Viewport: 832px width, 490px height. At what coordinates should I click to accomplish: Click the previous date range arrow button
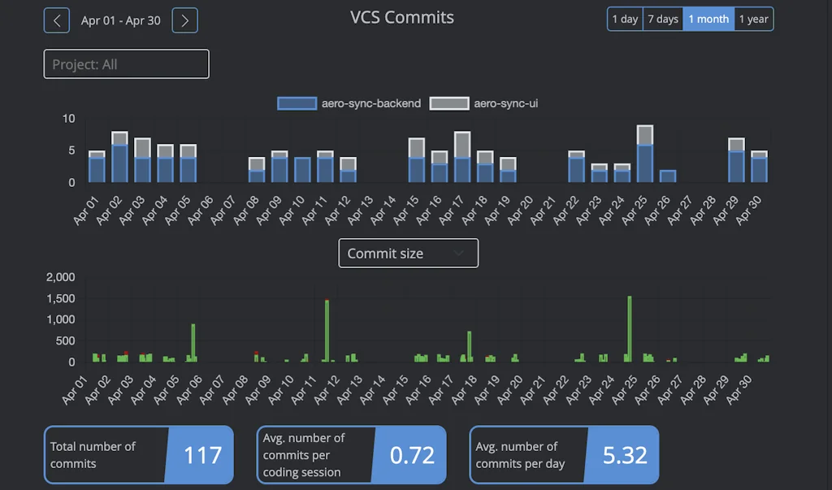(x=56, y=20)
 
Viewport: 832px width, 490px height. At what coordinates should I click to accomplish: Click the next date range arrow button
(x=185, y=20)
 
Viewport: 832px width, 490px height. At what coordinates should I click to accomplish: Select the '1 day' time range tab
(x=625, y=20)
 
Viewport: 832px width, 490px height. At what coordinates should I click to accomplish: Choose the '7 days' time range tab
(x=662, y=20)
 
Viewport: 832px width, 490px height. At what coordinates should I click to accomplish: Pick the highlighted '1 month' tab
(x=708, y=20)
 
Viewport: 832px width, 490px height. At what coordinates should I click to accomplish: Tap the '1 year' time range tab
(x=753, y=20)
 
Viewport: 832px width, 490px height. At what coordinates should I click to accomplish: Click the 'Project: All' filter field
(x=126, y=64)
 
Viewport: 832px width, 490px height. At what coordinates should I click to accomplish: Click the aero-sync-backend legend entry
(x=349, y=103)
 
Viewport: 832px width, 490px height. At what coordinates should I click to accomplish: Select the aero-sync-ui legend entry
(x=483, y=103)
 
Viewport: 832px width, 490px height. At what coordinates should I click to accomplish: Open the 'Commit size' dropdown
(x=408, y=254)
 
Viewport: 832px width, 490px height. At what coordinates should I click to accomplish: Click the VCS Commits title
(x=402, y=18)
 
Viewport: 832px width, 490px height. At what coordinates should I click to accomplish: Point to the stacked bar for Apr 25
(x=645, y=154)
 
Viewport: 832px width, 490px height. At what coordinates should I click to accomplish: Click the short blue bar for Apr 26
(x=668, y=176)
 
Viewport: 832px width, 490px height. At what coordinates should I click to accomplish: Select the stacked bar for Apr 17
(x=462, y=158)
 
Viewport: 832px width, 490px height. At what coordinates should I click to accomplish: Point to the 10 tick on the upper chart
(x=68, y=119)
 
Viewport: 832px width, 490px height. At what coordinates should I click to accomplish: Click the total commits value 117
(x=202, y=455)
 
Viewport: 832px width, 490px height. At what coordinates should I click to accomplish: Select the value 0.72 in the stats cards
(x=412, y=455)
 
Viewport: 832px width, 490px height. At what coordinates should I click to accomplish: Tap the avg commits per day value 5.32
(x=625, y=455)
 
